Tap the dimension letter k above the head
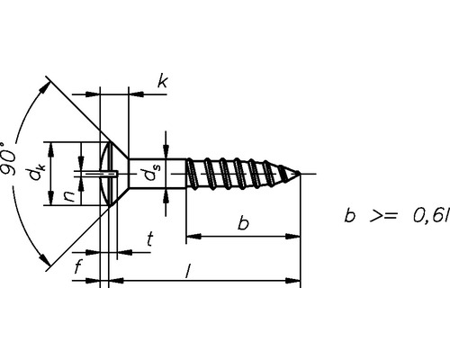point(161,83)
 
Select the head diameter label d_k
point(38,172)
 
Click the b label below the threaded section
point(243,222)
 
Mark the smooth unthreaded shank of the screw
point(157,173)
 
